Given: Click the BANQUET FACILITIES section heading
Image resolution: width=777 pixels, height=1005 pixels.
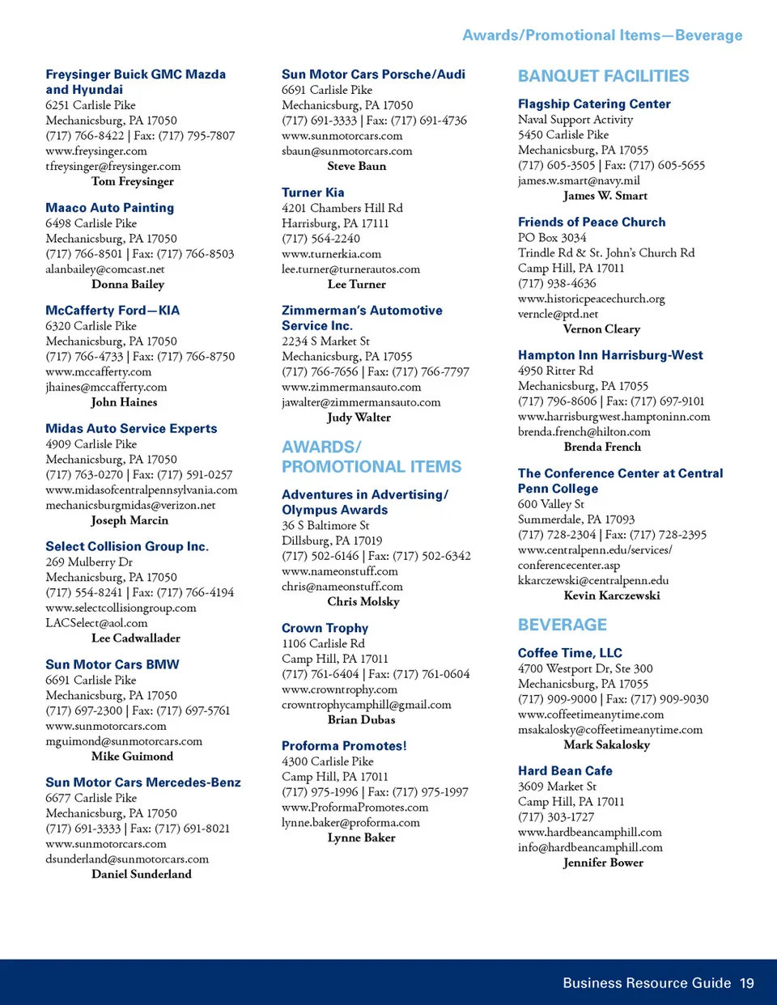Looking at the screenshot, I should pos(603,76).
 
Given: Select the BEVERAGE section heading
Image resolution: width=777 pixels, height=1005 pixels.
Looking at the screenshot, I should pos(562,625).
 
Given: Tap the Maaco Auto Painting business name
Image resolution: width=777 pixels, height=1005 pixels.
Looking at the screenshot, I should pos(109,208).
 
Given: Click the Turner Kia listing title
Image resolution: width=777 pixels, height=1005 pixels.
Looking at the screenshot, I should pos(312,193).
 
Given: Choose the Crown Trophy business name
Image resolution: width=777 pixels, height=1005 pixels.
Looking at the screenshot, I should pos(325,628).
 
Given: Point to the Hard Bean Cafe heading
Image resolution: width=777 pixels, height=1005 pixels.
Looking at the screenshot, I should pos(565,771).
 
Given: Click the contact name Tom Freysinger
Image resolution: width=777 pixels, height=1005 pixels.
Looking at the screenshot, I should pos(132,181).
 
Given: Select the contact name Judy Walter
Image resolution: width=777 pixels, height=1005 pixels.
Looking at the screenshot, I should pos(359,418).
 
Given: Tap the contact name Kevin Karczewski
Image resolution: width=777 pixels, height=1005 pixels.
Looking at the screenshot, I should pos(611,596).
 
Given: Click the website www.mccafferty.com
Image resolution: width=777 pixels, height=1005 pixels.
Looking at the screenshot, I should pos(98,371).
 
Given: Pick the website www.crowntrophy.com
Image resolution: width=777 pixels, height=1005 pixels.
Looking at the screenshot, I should pos(339,689).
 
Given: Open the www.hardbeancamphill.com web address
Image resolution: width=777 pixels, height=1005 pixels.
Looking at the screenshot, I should pos(589,832).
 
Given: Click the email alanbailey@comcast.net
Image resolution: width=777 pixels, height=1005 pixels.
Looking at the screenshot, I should pos(104,269).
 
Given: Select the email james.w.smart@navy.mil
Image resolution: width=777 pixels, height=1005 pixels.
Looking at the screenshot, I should pos(579,180).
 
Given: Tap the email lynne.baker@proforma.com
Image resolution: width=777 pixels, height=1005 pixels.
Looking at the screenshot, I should pos(350,822).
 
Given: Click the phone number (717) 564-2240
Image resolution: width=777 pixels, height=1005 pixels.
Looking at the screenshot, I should pos(321,239).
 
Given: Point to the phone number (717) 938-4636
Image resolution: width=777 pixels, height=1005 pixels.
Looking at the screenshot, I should pos(557,283).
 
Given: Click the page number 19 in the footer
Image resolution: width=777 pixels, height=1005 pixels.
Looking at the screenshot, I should pos(746,983).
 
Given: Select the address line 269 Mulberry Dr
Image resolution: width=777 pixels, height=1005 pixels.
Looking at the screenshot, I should pos(88,562).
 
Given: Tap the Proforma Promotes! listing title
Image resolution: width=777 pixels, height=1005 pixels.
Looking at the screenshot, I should pos(344,746).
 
